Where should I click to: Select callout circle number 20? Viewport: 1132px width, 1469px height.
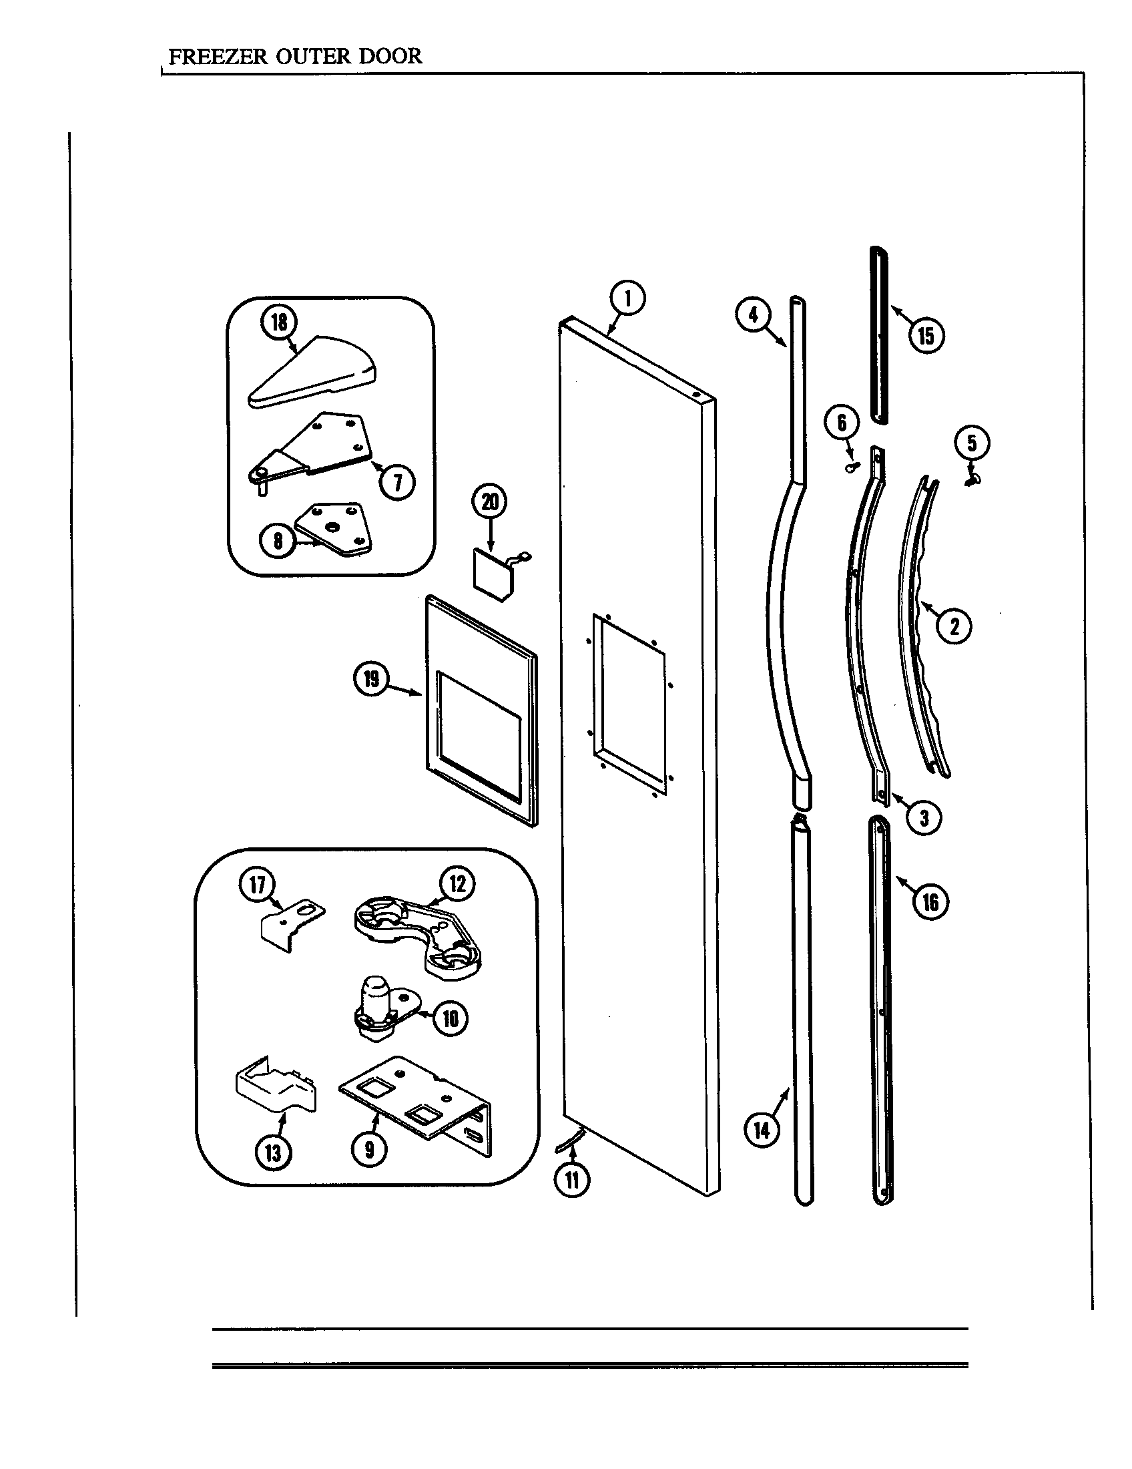click(490, 501)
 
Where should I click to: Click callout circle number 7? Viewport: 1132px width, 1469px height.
click(396, 481)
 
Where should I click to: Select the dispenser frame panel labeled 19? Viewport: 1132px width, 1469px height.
click(481, 710)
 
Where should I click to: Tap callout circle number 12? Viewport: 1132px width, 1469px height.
click(457, 883)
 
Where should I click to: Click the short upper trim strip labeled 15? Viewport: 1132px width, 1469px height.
click(877, 335)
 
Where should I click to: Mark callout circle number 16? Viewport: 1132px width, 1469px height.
click(930, 902)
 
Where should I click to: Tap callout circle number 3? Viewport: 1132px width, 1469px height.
click(924, 818)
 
